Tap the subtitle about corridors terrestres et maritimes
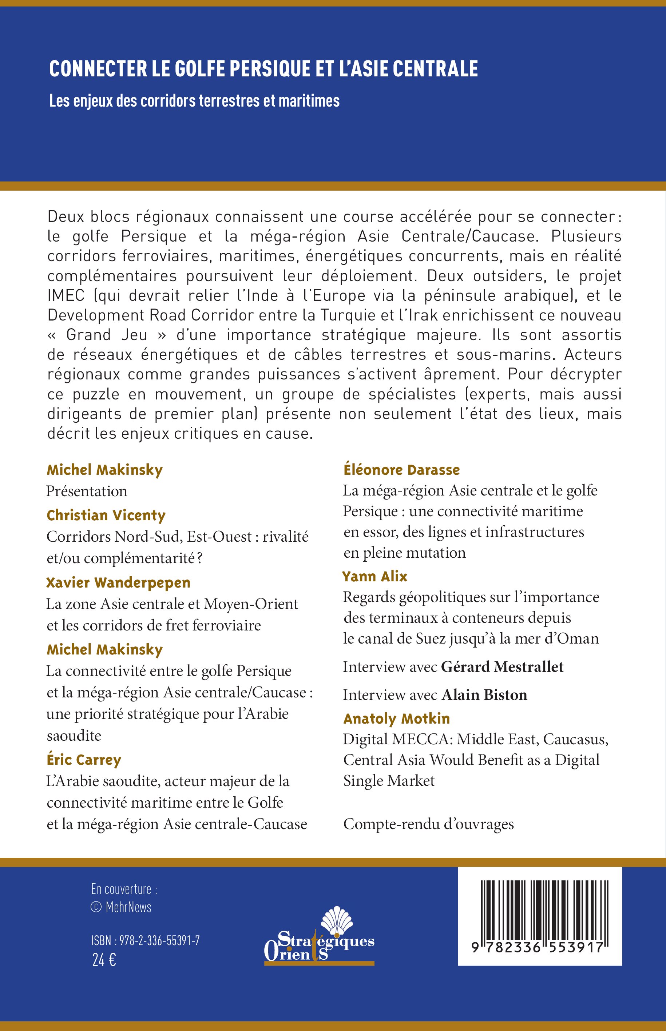[194, 101]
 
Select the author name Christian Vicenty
[106, 515]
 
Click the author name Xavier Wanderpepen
[118, 582]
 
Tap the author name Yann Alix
[374, 576]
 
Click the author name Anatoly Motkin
[397, 718]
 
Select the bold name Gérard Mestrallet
[502, 666]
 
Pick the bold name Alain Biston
[484, 695]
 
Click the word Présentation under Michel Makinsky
[87, 491]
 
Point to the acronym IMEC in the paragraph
[66, 296]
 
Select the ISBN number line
[145, 941]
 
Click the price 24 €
[104, 960]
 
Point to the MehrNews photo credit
[122, 907]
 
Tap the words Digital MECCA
[397, 740]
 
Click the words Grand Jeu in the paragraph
[107, 335]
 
